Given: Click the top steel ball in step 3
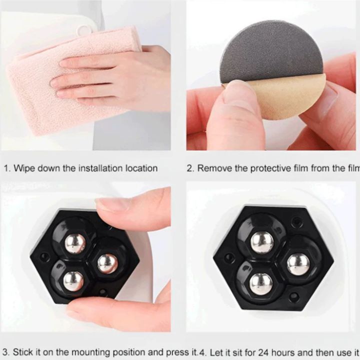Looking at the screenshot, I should pos(75,243).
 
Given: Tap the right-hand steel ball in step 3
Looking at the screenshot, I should pos(107,263).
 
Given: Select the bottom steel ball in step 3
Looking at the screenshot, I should pos(73,281).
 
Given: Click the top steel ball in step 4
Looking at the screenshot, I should pos(261,242).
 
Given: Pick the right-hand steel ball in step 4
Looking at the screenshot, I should pos(298,264).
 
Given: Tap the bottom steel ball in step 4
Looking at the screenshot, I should pos(261,283).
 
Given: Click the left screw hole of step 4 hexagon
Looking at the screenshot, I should pos(229,258).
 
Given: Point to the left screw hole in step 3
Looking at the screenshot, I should pos(45,257).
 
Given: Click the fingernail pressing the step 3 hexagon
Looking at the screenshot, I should pos(111,204).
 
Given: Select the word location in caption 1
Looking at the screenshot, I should pos(141,168).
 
